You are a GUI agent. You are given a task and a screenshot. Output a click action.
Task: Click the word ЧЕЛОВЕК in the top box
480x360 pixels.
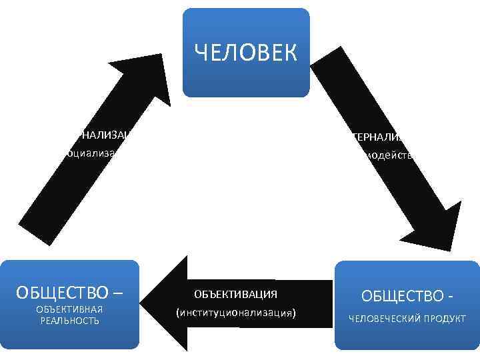246,53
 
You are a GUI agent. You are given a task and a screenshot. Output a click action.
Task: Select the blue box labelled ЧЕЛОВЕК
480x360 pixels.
246,73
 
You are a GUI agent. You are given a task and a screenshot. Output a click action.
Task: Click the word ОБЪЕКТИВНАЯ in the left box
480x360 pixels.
69,309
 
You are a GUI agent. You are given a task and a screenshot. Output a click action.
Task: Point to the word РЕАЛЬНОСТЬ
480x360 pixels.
69,321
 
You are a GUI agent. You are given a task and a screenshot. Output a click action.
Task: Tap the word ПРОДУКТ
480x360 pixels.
445,319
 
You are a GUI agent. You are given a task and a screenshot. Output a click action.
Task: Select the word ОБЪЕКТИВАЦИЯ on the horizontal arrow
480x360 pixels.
235,294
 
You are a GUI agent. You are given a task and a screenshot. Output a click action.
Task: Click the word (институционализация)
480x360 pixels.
235,312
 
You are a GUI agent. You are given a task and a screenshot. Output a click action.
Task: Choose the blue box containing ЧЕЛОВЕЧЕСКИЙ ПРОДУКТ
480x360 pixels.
406,333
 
